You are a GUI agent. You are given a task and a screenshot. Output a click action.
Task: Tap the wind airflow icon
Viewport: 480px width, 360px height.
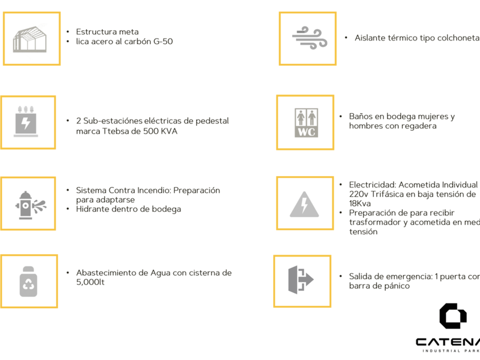309,38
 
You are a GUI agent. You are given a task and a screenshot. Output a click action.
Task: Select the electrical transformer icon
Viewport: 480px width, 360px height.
27,122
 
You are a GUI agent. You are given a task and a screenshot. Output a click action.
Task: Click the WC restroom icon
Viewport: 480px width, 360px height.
305,122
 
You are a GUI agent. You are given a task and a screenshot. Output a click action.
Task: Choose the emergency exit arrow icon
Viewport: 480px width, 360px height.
301,280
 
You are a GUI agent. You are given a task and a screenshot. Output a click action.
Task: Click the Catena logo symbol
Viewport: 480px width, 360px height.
453,316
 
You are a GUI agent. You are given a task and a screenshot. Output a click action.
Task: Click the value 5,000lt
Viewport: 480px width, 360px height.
91,282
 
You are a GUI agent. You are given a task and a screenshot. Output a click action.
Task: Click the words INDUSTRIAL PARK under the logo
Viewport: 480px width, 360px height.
450,350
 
